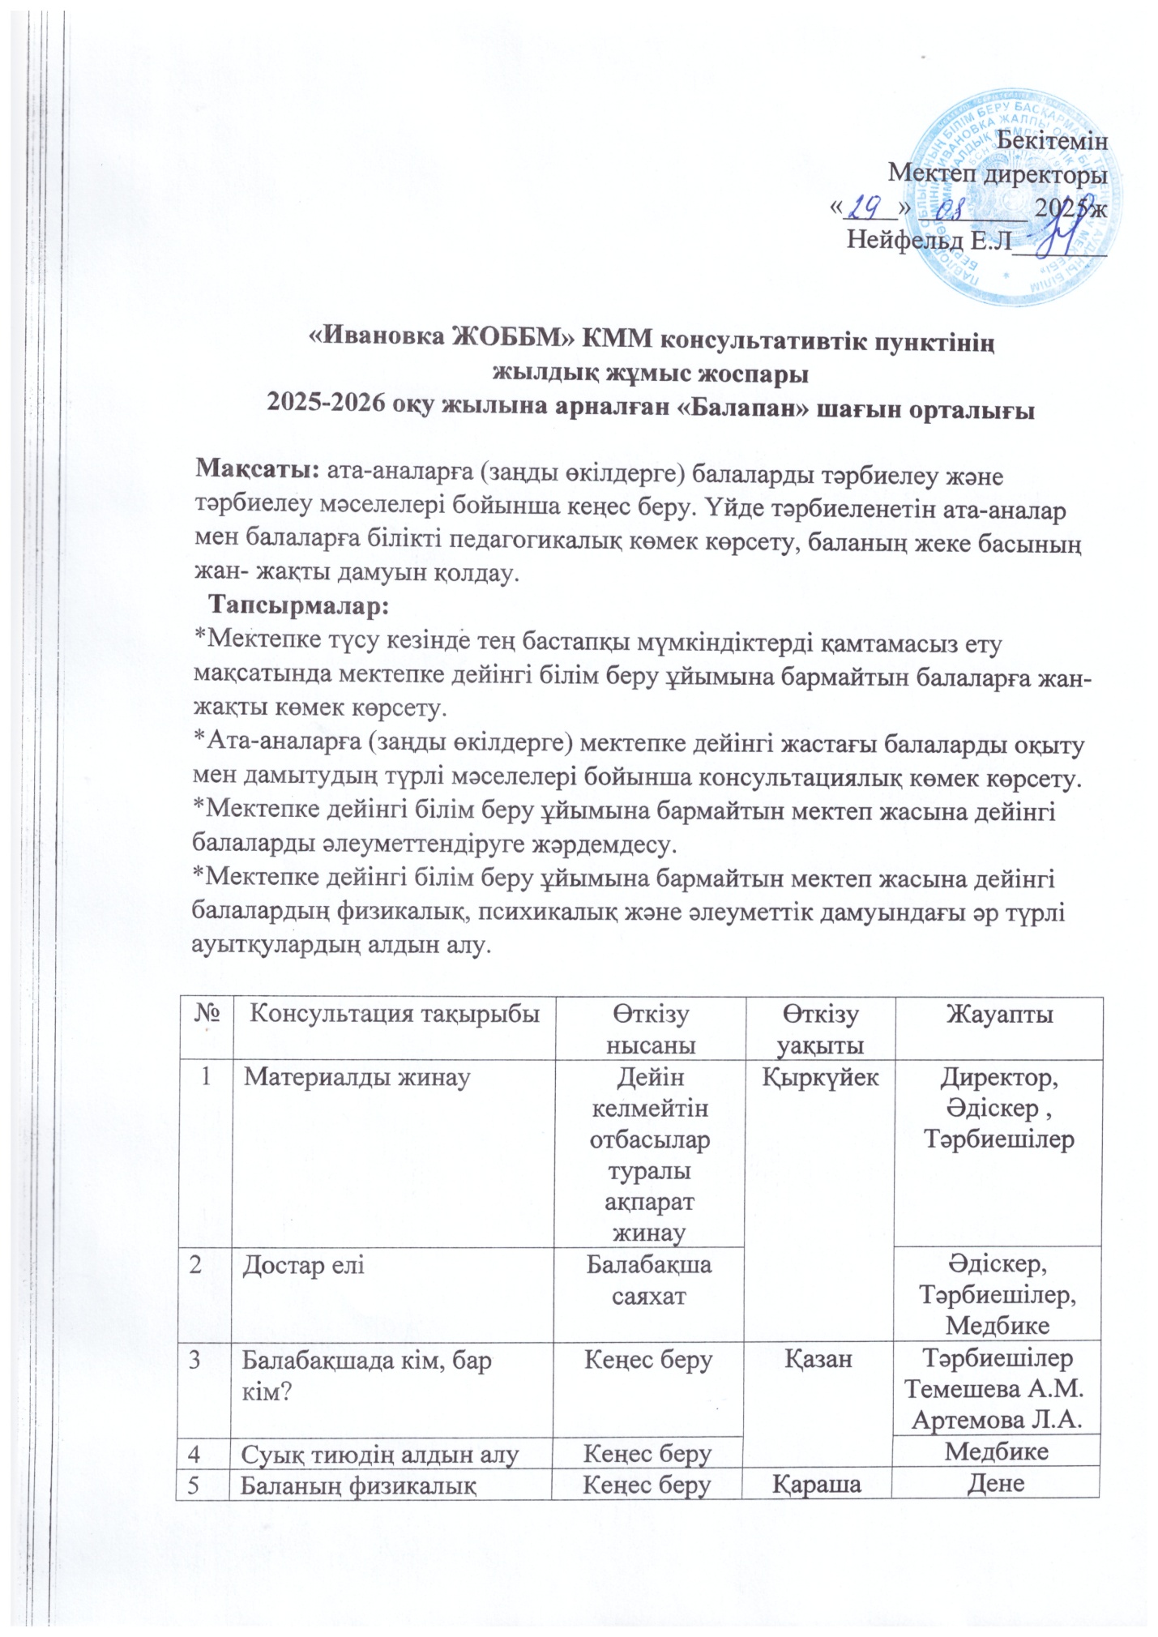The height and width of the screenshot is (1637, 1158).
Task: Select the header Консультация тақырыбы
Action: point(393,1014)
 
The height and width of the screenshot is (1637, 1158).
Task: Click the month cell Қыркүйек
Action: point(818,1077)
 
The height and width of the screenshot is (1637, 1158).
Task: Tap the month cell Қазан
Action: point(818,1359)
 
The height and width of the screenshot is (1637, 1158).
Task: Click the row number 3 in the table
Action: point(196,1359)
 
